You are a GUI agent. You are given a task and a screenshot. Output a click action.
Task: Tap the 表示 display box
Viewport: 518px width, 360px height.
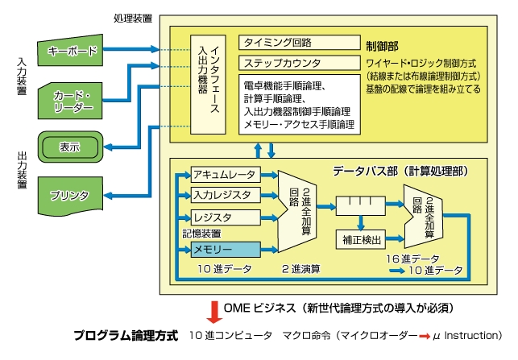click(x=70, y=147)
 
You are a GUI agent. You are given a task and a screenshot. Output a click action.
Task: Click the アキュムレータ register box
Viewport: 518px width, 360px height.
click(x=224, y=175)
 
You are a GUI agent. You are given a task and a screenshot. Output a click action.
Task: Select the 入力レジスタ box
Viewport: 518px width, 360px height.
click(x=224, y=195)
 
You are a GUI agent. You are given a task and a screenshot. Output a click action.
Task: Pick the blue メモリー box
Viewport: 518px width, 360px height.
click(x=224, y=250)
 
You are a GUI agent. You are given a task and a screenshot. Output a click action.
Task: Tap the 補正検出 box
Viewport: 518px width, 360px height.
click(x=359, y=239)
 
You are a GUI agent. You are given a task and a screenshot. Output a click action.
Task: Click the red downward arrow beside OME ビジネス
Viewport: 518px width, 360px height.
click(x=213, y=310)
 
